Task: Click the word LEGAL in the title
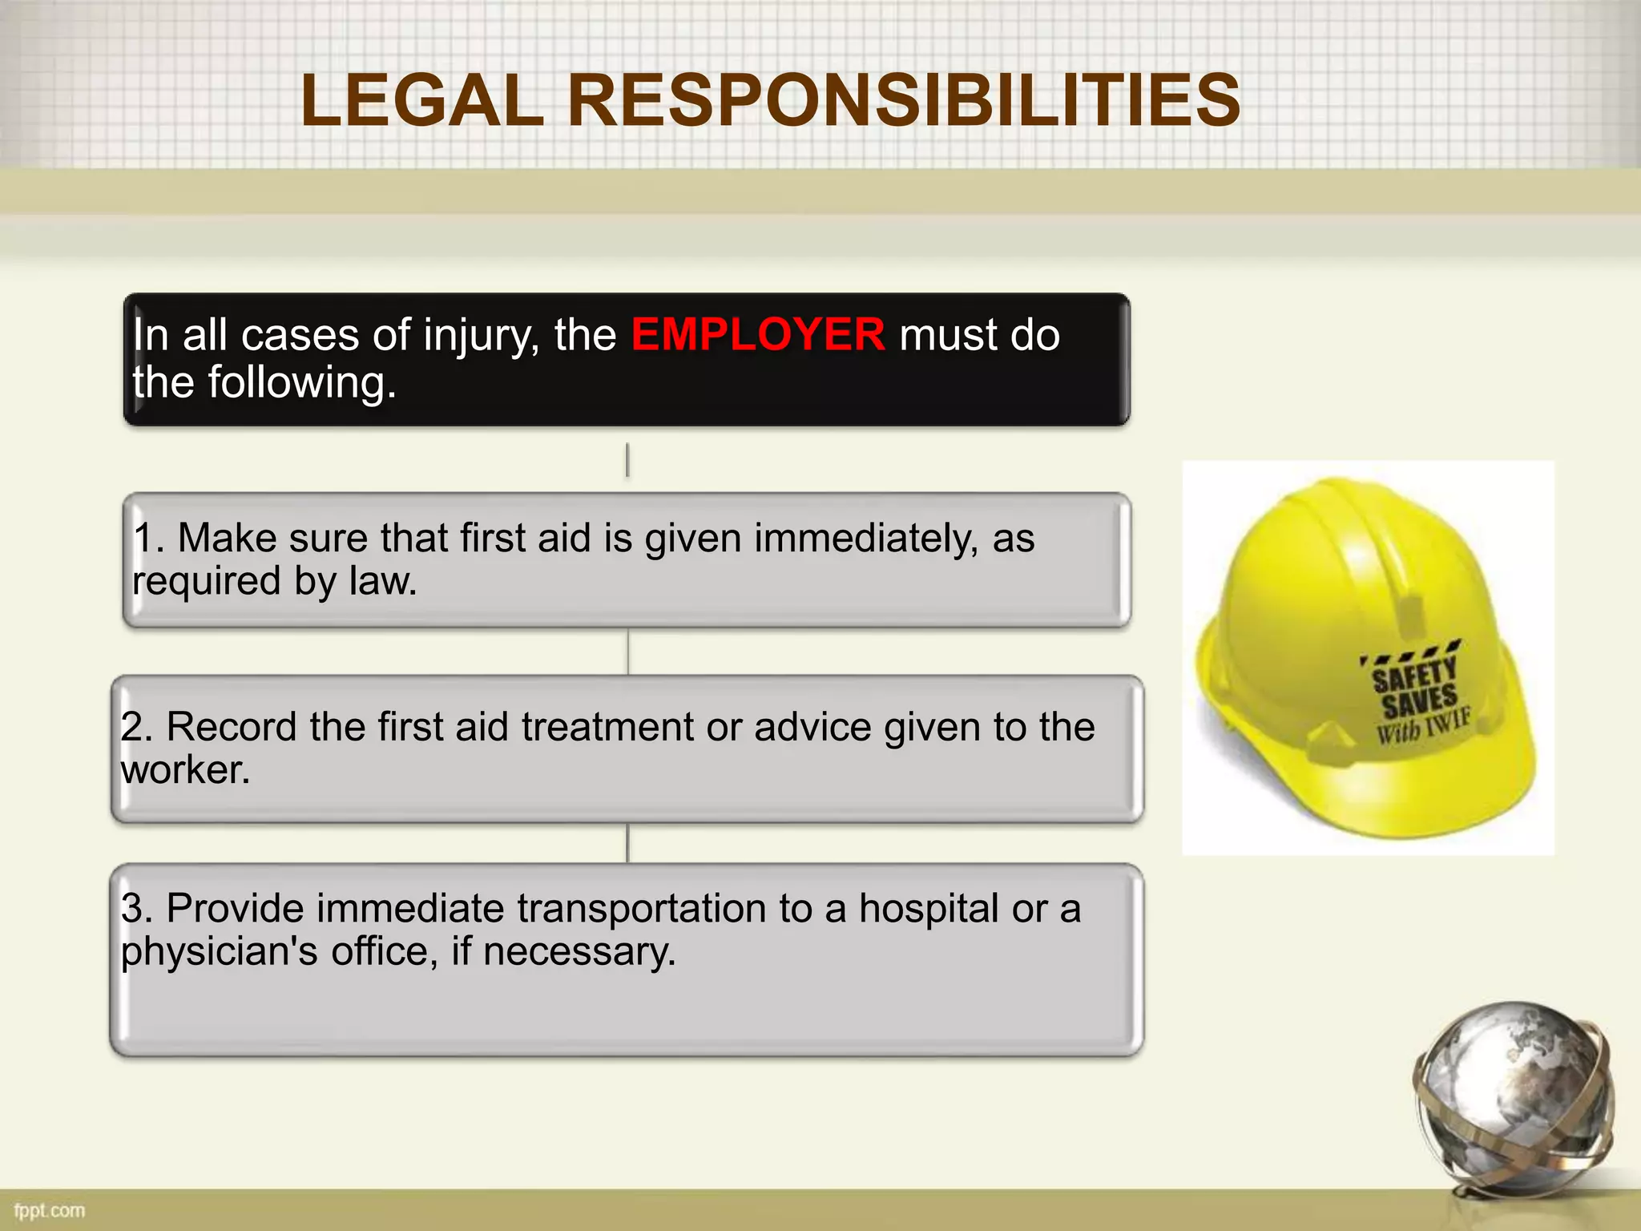click(x=422, y=101)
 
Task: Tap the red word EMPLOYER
click(x=758, y=334)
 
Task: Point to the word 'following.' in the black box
click(x=302, y=383)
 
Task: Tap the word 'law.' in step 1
click(x=383, y=581)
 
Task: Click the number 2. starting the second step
click(x=137, y=727)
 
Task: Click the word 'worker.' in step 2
click(x=185, y=770)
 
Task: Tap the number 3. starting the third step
click(x=137, y=909)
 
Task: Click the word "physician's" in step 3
click(x=219, y=952)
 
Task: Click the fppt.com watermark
click(x=50, y=1210)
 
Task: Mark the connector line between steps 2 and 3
click(x=627, y=843)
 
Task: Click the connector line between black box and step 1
click(x=627, y=460)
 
